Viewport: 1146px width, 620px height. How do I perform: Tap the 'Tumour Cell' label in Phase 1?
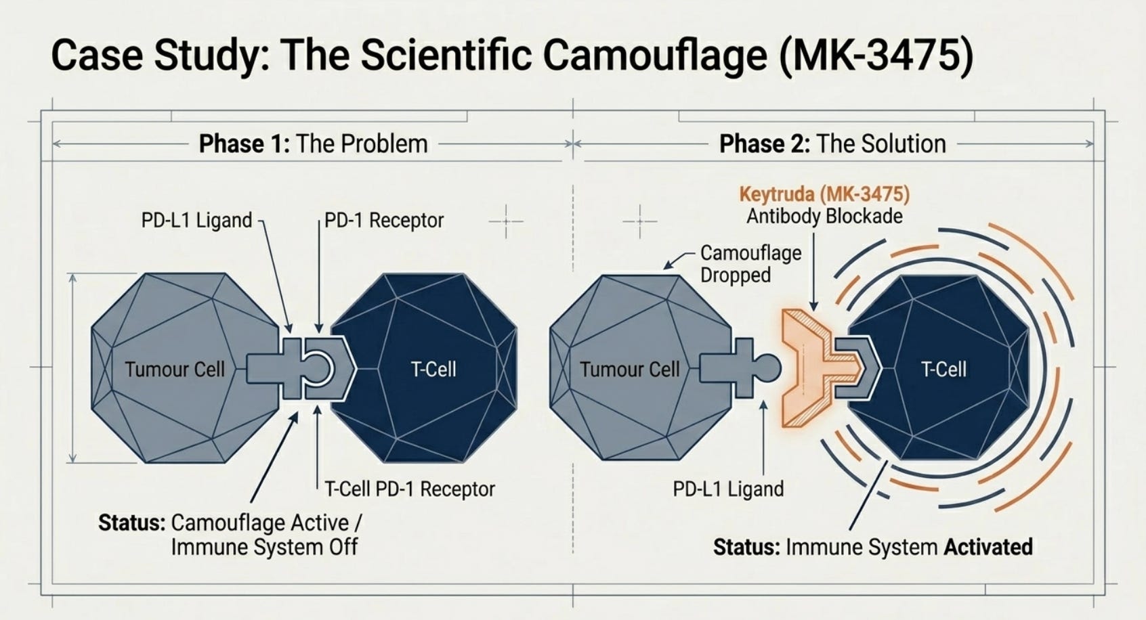pos(175,370)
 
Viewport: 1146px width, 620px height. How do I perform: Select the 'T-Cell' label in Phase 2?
pos(943,369)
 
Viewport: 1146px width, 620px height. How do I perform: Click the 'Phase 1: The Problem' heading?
pos(313,143)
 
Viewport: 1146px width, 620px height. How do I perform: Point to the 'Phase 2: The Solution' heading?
pos(832,143)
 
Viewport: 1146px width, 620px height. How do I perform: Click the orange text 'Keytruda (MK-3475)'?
pos(824,194)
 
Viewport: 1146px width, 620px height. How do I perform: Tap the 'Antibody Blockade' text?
pos(824,216)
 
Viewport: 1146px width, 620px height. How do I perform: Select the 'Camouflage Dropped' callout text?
pos(750,264)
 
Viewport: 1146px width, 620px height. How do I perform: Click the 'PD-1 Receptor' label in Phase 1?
pos(384,220)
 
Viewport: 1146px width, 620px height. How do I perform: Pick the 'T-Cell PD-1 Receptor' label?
pos(410,489)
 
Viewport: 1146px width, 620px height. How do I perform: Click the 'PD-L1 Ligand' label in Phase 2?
pos(728,489)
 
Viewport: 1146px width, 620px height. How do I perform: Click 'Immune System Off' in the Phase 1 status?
pos(264,547)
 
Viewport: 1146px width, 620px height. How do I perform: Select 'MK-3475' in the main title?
pos(876,56)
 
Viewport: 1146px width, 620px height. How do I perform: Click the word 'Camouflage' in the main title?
pos(655,56)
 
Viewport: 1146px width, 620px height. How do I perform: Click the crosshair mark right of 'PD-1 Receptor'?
pos(506,221)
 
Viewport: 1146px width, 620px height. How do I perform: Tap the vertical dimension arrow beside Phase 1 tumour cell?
pos(72,368)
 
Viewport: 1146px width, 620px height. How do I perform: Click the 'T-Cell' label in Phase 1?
pos(433,369)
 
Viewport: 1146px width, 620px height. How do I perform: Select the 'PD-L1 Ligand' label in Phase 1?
pos(196,220)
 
